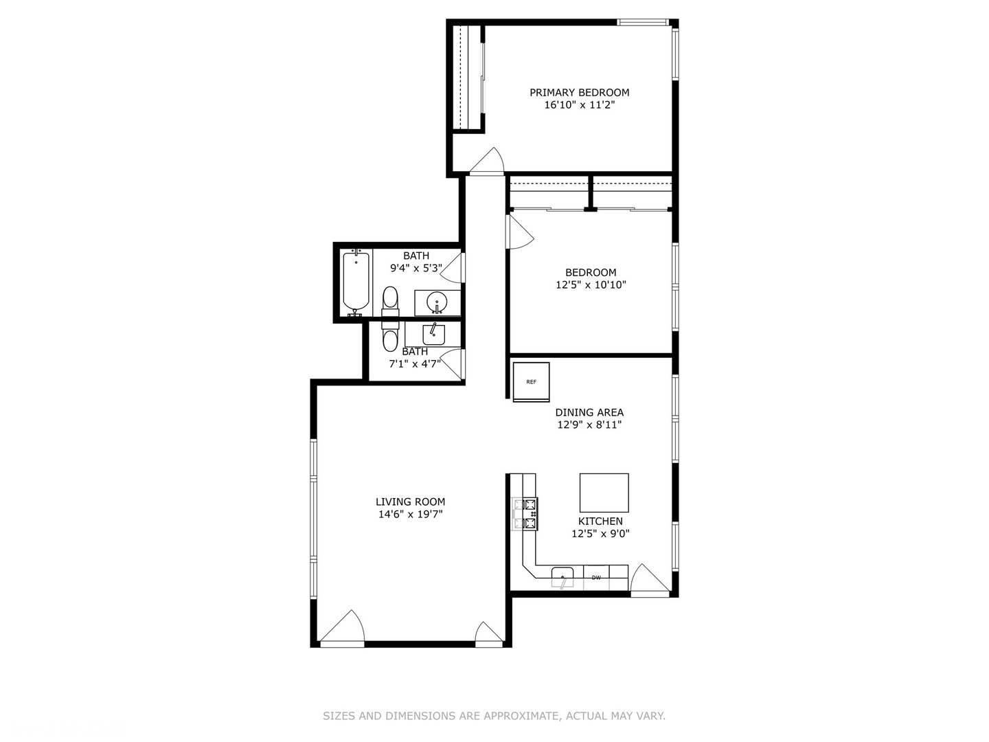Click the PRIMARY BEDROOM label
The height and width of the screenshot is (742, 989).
tap(579, 92)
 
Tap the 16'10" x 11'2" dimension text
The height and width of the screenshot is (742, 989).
tap(579, 105)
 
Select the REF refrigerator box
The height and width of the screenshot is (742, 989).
tap(531, 382)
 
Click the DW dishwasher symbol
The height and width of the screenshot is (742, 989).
tap(596, 578)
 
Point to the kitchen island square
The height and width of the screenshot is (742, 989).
tap(604, 493)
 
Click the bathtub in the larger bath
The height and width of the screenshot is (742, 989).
tap(356, 282)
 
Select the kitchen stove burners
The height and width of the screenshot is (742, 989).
tap(529, 514)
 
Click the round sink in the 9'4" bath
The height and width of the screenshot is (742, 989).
tap(437, 302)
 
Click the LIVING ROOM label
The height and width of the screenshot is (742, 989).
tap(410, 502)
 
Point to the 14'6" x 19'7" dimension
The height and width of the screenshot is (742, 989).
tap(410, 515)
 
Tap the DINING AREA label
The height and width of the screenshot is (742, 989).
tap(589, 412)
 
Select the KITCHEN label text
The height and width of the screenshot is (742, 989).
tap(600, 521)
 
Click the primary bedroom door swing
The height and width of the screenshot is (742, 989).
tap(489, 161)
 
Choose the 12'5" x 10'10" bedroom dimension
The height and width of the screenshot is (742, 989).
tap(591, 285)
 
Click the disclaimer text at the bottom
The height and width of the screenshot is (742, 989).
tap(494, 716)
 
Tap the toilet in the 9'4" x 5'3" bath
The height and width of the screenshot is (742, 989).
tap(390, 300)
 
